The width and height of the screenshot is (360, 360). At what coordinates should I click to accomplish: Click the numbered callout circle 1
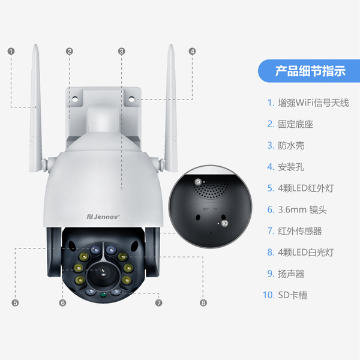11,52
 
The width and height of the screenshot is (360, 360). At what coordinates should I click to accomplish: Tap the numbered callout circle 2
70,52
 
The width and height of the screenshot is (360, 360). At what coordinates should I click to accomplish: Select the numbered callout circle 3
122,52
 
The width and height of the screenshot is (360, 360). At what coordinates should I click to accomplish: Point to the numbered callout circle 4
192,52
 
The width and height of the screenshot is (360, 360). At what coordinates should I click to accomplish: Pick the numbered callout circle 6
63,303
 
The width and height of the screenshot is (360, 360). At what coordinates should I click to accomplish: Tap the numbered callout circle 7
158,303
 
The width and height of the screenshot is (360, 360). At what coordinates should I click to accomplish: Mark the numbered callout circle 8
203,303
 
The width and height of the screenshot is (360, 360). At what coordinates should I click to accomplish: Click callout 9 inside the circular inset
197,182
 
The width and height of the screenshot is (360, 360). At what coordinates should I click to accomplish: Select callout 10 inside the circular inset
224,223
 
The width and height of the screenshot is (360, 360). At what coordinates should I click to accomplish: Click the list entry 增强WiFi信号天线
308,103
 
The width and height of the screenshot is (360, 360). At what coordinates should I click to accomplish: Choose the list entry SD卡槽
287,295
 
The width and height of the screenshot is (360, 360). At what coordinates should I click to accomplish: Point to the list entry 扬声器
286,274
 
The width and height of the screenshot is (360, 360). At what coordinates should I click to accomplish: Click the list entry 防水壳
286,145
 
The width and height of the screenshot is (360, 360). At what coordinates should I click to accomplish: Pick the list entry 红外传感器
294,231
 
